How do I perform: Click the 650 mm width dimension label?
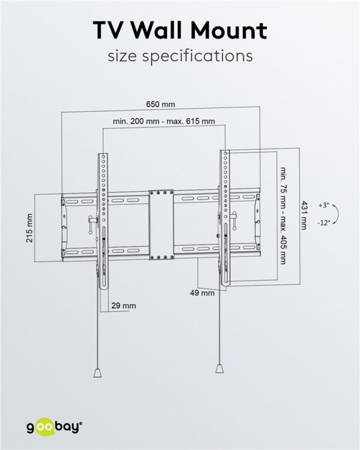(160, 105)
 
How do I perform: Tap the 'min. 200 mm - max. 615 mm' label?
(164, 121)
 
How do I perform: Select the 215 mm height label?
(30, 228)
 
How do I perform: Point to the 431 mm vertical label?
(303, 214)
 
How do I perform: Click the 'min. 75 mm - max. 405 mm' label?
(283, 216)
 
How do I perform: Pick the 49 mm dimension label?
(202, 293)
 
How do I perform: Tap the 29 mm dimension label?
(123, 306)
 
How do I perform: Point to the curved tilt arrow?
(336, 214)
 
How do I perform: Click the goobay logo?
(54, 426)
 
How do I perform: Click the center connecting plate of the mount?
(161, 225)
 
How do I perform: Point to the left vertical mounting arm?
(103, 221)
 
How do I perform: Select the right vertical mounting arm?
(225, 218)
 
